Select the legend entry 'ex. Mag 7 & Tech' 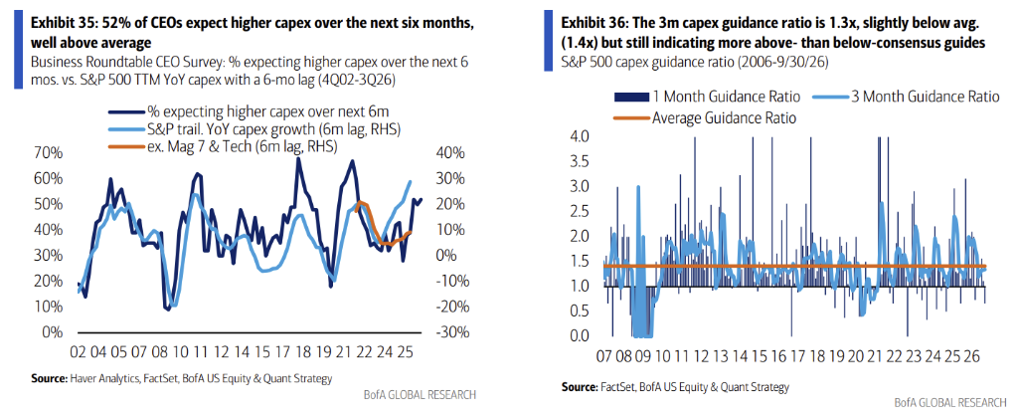[221, 147]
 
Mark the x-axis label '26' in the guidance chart [974, 356]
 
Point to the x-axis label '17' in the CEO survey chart [281, 351]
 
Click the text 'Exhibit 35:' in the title [63, 24]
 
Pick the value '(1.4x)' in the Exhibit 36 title [580, 43]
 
